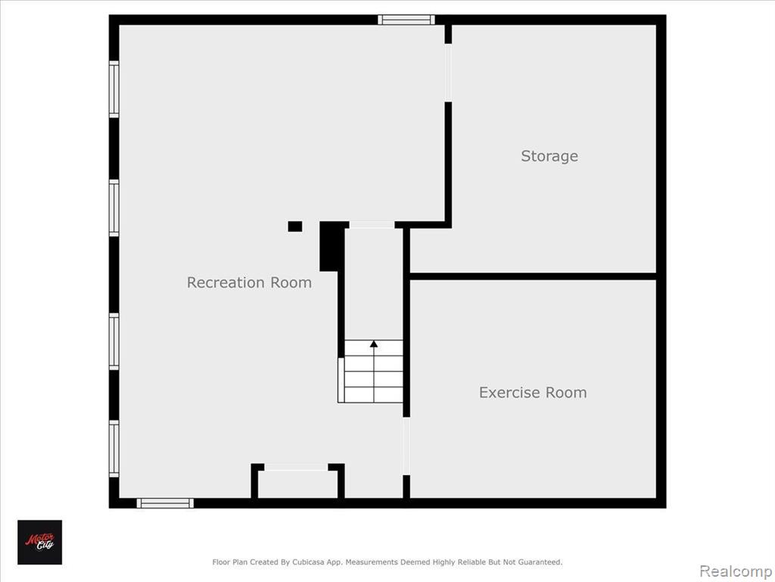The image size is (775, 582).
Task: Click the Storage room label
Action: (x=549, y=156)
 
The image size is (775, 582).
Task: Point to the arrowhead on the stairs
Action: (x=374, y=343)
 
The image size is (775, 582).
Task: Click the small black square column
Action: (x=295, y=226)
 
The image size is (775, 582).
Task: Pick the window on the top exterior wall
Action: (x=406, y=20)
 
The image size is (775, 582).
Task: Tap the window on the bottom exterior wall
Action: (x=165, y=503)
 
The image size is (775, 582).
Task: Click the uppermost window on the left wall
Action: (x=114, y=89)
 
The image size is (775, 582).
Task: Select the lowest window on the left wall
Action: (x=114, y=449)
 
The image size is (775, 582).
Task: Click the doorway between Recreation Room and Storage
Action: (x=448, y=73)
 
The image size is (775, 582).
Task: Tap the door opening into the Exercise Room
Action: (x=406, y=446)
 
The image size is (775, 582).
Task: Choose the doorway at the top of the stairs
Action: (x=372, y=224)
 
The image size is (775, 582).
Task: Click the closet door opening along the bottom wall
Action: (x=296, y=467)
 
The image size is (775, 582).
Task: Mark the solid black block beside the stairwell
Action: (x=331, y=246)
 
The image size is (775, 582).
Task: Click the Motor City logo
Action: (x=40, y=542)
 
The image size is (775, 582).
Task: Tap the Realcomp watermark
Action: (x=736, y=571)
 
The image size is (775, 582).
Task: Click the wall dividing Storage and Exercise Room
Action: (x=534, y=276)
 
